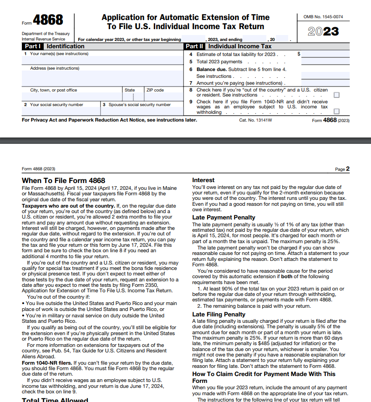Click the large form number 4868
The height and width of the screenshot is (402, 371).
(48, 20)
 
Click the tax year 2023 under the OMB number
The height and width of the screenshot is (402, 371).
(323, 31)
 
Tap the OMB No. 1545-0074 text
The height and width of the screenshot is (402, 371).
(323, 17)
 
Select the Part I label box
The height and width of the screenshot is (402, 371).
(33, 46)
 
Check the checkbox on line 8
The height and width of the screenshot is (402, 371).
(336, 95)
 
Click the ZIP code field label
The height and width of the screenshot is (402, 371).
(155, 90)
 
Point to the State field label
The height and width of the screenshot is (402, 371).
(130, 90)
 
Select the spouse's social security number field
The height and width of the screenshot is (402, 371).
(141, 110)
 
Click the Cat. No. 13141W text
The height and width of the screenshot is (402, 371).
(255, 120)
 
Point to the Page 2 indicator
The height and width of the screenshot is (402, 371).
(342, 169)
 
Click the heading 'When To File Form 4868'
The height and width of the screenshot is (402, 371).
(63, 181)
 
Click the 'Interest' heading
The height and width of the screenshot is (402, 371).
(203, 180)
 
